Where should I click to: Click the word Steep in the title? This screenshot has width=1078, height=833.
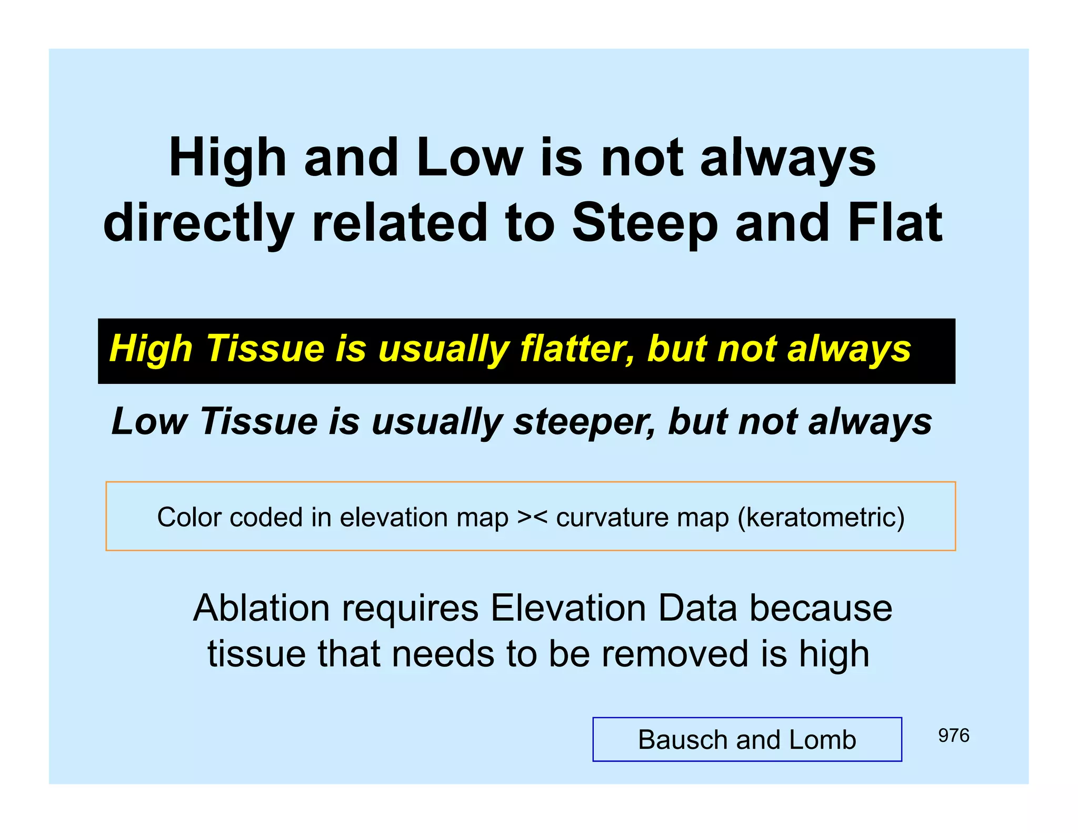(645, 223)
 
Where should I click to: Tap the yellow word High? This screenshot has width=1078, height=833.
(151, 349)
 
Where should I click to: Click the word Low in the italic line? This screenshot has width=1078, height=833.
(149, 422)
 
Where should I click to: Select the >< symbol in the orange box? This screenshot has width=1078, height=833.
(532, 517)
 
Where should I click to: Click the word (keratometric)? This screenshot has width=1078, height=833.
(821, 517)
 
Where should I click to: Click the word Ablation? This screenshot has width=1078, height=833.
(262, 608)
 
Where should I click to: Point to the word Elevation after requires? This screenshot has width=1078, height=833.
(567, 608)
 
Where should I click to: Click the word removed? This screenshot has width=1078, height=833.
(675, 654)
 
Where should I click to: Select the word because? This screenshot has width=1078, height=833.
(821, 608)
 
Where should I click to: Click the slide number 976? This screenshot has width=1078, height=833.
(953, 736)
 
